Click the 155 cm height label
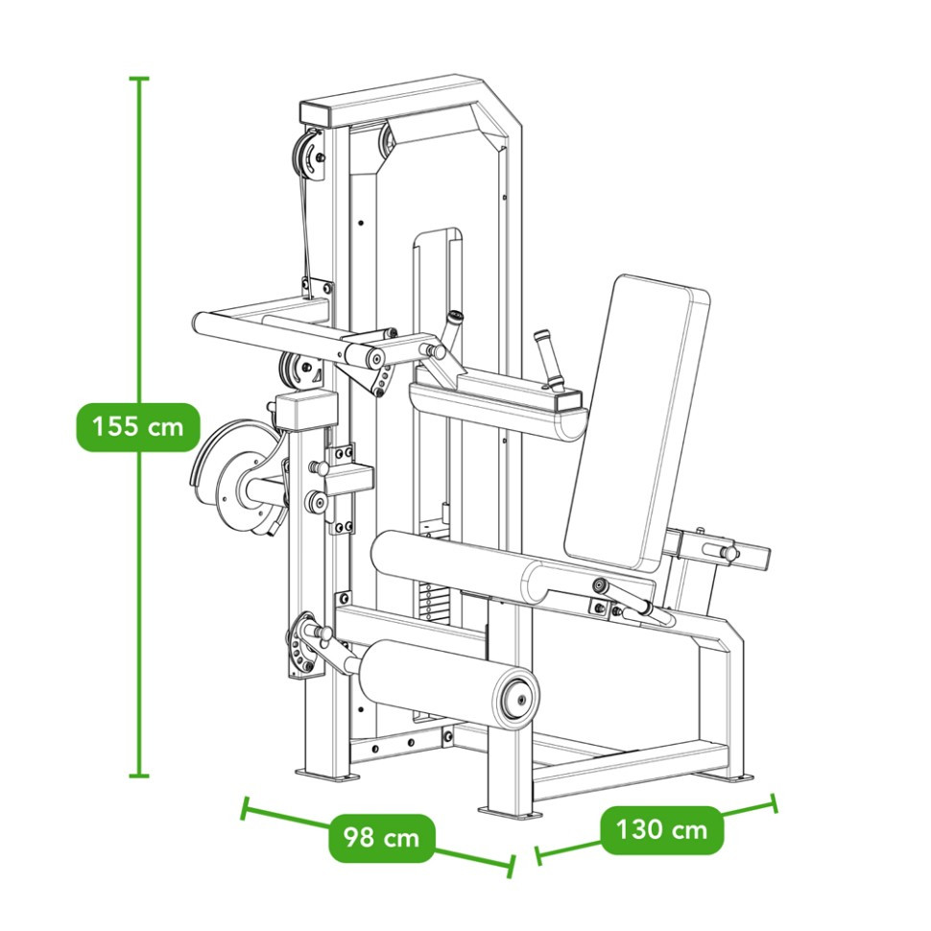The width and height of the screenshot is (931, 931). [138, 427]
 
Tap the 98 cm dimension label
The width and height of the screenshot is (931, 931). [382, 838]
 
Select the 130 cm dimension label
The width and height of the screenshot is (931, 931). [662, 829]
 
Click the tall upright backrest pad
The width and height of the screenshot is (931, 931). [636, 421]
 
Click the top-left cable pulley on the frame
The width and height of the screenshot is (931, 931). [307, 156]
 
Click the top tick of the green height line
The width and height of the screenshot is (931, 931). [139, 78]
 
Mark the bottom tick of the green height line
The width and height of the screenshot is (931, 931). [139, 775]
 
